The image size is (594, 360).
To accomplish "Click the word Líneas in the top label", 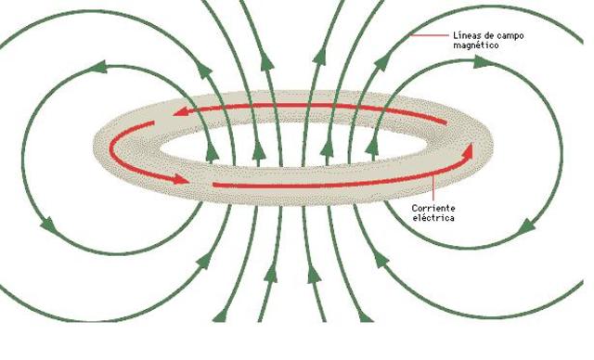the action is pos(465,34).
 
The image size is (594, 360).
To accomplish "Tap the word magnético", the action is pos(472,44).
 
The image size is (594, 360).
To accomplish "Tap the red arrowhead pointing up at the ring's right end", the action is pos(470,148).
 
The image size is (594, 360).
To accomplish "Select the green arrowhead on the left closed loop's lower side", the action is pos(45,223).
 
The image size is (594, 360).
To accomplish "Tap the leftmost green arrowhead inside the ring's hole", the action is pos(217,150).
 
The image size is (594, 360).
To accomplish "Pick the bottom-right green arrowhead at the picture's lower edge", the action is pos(365,315).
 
